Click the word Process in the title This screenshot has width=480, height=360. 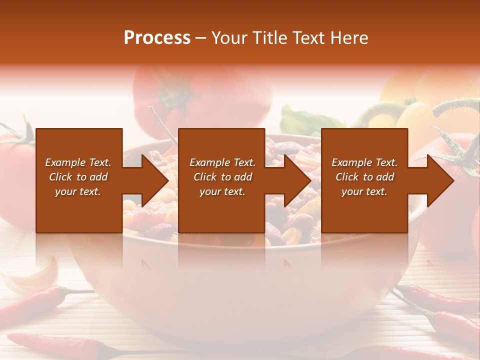click(157, 38)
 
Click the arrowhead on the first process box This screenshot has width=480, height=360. click(155, 180)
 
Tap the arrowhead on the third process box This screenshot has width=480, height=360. click(440, 180)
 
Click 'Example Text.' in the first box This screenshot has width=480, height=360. click(78, 162)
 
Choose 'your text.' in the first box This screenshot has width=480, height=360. click(78, 191)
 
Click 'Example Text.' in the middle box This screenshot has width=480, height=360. click(222, 162)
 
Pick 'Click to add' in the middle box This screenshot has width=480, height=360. click(222, 177)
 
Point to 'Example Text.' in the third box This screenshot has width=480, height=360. click(364, 162)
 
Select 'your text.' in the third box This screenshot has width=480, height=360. click(364, 191)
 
